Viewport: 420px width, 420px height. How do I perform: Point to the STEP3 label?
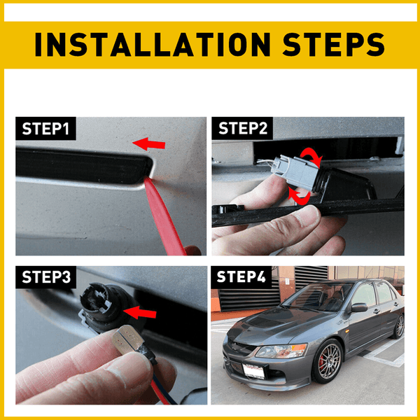(x=46, y=278)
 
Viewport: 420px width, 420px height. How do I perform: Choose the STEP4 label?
(x=241, y=278)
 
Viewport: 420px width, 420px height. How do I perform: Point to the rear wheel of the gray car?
(x=398, y=325)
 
